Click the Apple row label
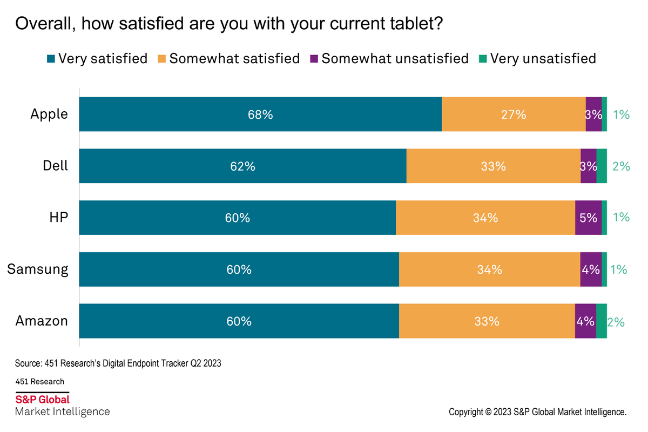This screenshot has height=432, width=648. point(49,114)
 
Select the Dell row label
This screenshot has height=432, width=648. point(56,166)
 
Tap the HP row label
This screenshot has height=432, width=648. point(59,218)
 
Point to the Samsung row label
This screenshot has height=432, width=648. point(38,269)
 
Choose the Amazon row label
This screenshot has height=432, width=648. point(42,321)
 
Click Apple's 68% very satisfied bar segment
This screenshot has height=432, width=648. point(260,114)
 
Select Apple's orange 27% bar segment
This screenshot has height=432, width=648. point(513,114)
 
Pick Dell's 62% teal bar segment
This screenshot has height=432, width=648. point(242,166)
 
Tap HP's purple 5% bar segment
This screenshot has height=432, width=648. point(588,218)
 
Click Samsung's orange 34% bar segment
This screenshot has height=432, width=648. point(489,269)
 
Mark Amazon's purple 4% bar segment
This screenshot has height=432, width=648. point(585,321)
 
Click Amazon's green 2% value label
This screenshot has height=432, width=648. point(616,322)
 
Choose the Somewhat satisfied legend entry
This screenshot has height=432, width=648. point(228,58)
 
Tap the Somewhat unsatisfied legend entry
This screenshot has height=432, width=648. point(389,58)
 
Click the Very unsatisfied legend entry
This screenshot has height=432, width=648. point(537,58)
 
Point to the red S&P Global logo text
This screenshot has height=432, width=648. point(43,400)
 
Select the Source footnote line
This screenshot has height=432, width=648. point(118,363)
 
